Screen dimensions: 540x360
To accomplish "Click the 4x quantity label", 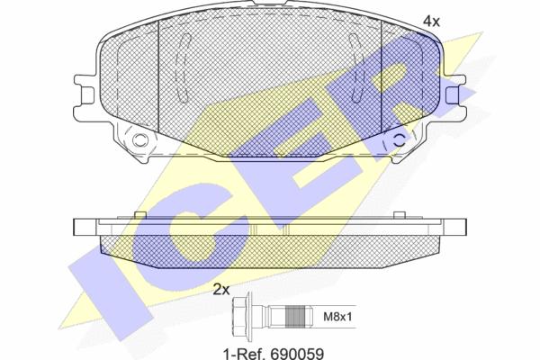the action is pyautogui.click(x=431, y=22).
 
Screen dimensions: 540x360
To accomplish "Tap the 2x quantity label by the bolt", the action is pyautogui.click(x=221, y=290).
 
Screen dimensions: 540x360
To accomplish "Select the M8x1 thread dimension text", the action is pyautogui.click(x=337, y=317).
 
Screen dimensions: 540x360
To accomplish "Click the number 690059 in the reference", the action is pyautogui.click(x=297, y=354).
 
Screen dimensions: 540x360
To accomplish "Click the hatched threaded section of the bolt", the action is pyautogui.click(x=296, y=317).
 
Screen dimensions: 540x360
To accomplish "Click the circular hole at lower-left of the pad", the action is pyautogui.click(x=140, y=139).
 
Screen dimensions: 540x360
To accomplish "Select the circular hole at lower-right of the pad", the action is pyautogui.click(x=400, y=139).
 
